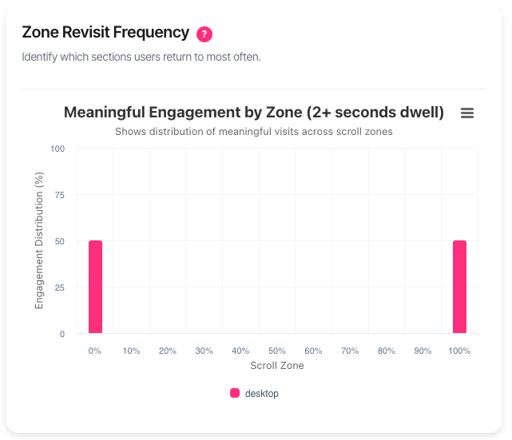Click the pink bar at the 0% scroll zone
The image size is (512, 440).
[95, 287]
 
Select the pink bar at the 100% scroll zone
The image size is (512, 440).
[459, 287]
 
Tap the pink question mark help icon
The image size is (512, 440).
[204, 34]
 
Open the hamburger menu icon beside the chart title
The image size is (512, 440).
[467, 113]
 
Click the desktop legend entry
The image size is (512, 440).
[255, 393]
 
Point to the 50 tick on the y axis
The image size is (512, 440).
[58, 241]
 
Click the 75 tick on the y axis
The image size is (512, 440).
[58, 195]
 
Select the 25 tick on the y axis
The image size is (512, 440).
[58, 287]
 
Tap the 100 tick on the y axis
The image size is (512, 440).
[58, 149]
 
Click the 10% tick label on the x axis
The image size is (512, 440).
[132, 351]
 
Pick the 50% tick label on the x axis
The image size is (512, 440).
[277, 351]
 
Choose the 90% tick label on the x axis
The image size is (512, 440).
[423, 351]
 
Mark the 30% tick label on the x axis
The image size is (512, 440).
[204, 351]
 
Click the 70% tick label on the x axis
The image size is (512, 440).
[350, 351]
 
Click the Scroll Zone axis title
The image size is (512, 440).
[277, 366]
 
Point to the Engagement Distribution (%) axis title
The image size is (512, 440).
[39, 241]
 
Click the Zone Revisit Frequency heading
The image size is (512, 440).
[105, 33]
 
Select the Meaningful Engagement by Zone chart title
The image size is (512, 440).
[254, 113]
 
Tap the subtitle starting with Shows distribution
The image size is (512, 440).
[254, 131]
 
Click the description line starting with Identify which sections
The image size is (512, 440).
[141, 57]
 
